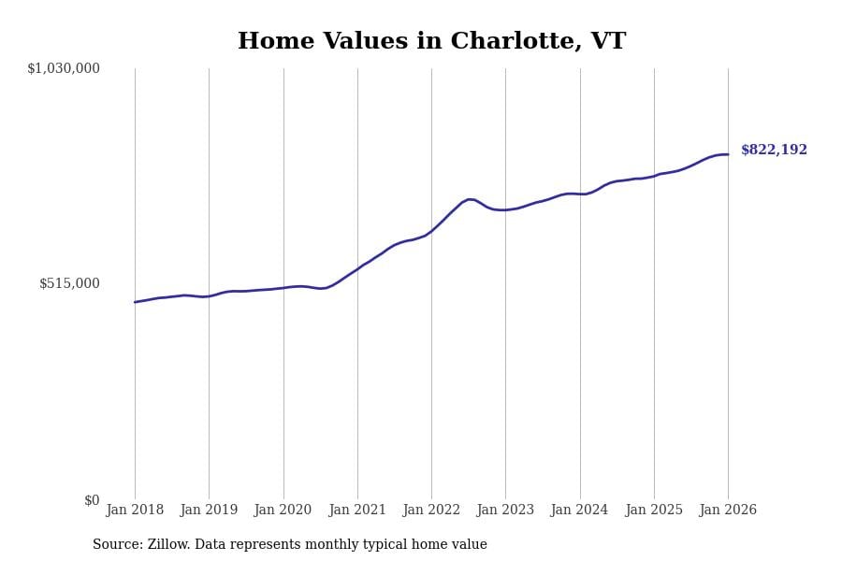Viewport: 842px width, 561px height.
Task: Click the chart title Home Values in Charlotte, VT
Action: click(x=431, y=42)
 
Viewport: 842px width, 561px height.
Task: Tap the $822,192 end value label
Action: click(x=774, y=151)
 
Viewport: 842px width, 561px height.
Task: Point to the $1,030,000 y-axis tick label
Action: click(x=64, y=68)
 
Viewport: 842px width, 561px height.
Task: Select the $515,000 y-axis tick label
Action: click(x=69, y=283)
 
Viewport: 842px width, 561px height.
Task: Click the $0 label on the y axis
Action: click(x=92, y=500)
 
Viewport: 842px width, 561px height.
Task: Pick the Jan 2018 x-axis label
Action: click(x=135, y=511)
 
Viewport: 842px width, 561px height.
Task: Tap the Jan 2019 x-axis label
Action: click(x=209, y=511)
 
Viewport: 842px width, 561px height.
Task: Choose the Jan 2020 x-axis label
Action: click(x=283, y=511)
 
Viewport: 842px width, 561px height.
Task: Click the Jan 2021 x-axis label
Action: click(x=357, y=511)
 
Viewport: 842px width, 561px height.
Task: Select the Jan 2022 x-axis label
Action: click(x=431, y=511)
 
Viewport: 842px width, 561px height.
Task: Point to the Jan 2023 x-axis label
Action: click(x=505, y=511)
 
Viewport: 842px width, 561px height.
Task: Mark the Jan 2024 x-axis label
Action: click(x=579, y=511)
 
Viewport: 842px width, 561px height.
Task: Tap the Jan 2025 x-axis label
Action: click(x=654, y=511)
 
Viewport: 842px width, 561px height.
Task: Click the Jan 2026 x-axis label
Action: click(x=728, y=511)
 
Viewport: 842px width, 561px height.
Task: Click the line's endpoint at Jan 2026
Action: click(x=728, y=154)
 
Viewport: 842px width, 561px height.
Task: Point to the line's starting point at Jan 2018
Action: click(x=135, y=302)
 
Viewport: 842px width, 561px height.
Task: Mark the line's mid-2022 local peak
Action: click(x=470, y=199)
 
